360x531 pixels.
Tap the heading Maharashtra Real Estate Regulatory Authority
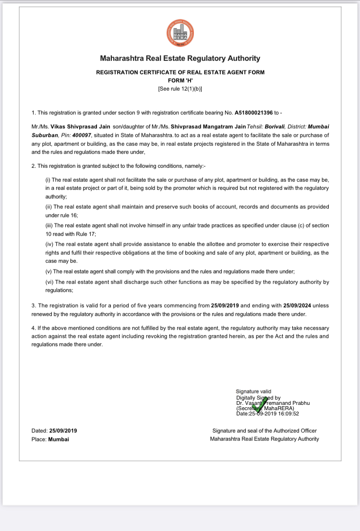(180, 59)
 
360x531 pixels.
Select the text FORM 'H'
(180, 81)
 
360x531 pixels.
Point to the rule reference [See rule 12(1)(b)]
(180, 89)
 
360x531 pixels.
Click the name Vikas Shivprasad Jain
(79, 127)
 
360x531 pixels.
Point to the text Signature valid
(253, 392)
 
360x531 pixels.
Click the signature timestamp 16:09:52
(287, 413)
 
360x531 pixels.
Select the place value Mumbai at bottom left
(59, 439)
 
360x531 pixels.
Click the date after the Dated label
(63, 431)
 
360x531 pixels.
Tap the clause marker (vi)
(49, 282)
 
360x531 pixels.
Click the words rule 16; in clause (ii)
(67, 215)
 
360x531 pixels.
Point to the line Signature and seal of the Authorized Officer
(264, 431)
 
